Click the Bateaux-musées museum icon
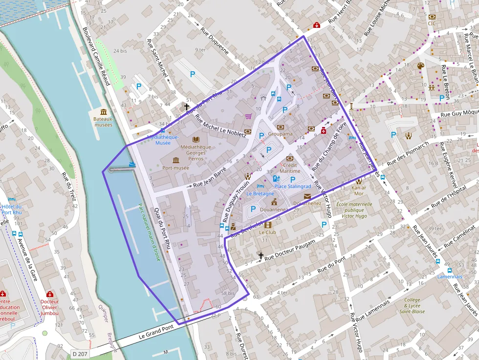103,112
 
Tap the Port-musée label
175,168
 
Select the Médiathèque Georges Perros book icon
196,139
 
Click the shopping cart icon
248,117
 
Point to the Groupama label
280,134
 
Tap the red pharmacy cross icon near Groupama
324,131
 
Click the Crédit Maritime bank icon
289,158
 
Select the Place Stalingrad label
293,187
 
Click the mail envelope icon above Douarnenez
307,196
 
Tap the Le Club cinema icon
267,225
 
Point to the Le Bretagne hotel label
260,193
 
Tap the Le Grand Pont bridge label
156,332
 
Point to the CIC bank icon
432,17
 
